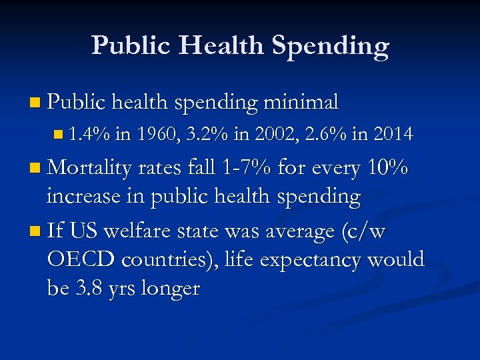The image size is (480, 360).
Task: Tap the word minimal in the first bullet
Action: [301, 102]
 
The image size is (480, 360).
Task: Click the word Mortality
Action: [89, 169]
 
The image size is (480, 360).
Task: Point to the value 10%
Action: [388, 169]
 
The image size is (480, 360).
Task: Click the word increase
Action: [82, 197]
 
